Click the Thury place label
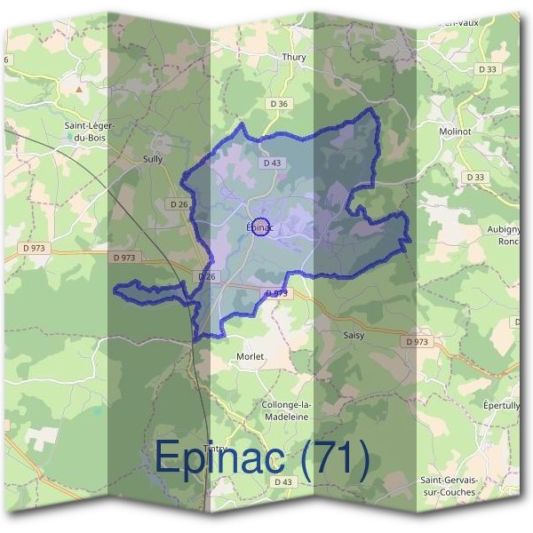coord(293,58)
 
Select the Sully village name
coord(154,160)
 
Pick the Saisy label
coord(354,336)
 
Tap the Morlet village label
coord(251,356)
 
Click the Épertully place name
coord(501,405)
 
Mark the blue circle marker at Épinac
coord(260,227)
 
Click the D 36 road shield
coord(278,104)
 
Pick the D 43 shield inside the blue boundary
coord(272,163)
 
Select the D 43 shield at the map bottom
coord(282,482)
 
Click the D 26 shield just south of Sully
coord(179,203)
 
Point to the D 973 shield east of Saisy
coord(416,341)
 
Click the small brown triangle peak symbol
coord(78,89)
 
